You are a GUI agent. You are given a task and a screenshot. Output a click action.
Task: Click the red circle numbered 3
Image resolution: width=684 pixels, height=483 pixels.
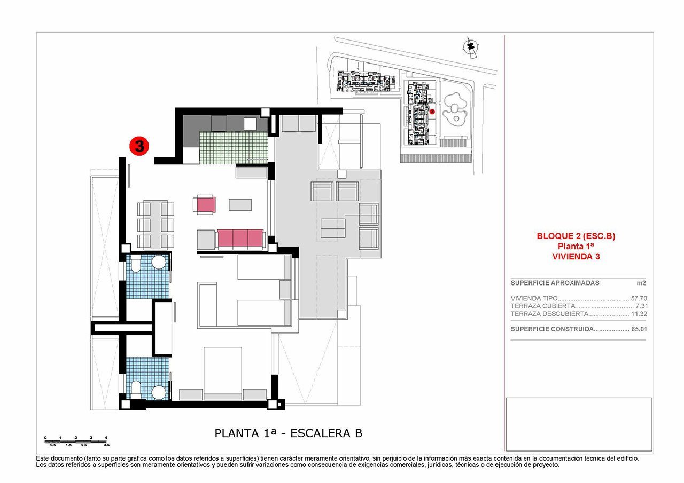click(139, 146)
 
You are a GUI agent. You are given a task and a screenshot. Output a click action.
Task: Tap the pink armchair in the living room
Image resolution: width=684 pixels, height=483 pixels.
click(206, 205)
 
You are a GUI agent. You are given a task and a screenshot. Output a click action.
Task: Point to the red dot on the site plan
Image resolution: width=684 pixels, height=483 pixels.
click(432, 112)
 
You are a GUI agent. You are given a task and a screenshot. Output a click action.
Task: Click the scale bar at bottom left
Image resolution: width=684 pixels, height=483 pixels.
click(76, 440)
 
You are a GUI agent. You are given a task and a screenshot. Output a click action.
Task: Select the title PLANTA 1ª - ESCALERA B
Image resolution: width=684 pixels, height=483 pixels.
click(288, 433)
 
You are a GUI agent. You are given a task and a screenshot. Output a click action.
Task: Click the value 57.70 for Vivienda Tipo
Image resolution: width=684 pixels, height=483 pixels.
click(639, 299)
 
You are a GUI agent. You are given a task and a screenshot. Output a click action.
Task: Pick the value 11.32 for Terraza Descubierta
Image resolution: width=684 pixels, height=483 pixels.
click(639, 314)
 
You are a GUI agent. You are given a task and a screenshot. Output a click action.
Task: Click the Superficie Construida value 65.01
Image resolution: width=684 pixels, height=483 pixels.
click(639, 329)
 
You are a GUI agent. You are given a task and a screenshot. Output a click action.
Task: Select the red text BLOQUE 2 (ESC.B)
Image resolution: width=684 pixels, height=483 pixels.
click(576, 236)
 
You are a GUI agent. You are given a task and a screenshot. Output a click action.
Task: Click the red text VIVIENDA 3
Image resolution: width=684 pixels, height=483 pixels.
click(576, 256)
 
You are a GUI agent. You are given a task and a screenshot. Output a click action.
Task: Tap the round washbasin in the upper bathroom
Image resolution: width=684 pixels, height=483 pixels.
click(159, 263)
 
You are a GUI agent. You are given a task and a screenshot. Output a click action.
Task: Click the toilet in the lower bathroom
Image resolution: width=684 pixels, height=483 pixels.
click(135, 389)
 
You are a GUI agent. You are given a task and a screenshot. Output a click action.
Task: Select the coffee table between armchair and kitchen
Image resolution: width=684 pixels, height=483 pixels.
click(240, 204)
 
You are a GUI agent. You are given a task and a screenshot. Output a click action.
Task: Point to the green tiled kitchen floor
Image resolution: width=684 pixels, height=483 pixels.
click(232, 147)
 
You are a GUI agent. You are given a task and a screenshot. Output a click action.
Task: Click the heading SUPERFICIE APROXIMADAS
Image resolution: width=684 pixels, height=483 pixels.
click(555, 283)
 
